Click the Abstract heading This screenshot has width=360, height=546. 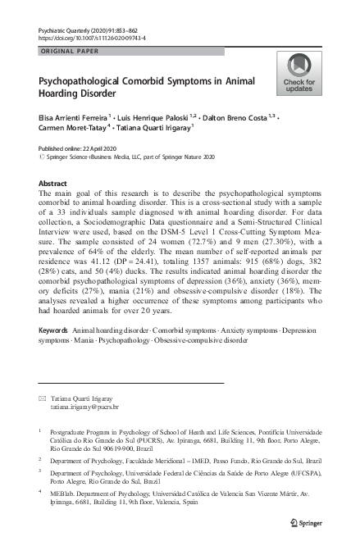pyautogui.click(x=53, y=184)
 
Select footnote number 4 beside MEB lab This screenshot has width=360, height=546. pyautogui.click(x=41, y=492)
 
